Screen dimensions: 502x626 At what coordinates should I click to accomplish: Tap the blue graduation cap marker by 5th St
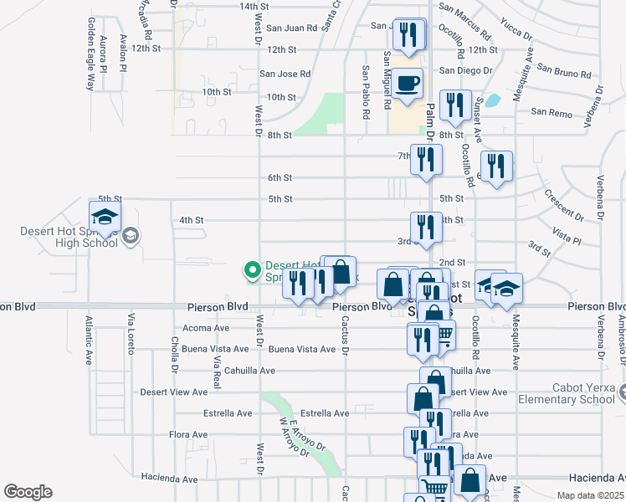[105, 218]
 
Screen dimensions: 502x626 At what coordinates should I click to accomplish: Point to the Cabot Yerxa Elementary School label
[578, 393]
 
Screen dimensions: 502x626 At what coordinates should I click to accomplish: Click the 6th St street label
[280, 178]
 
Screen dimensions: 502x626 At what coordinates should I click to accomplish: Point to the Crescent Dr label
[562, 204]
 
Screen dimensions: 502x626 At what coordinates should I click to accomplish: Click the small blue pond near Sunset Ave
[493, 101]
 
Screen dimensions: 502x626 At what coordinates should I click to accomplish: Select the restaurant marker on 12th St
[408, 36]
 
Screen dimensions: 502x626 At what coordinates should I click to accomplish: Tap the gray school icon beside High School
[130, 237]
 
